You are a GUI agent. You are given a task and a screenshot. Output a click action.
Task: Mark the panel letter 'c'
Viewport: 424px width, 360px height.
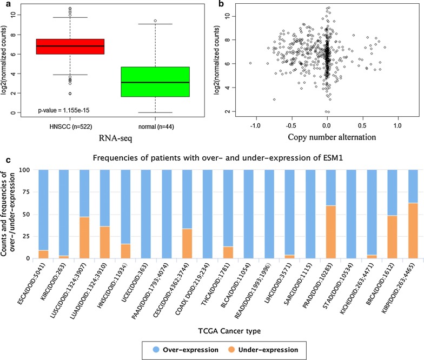(4, 161)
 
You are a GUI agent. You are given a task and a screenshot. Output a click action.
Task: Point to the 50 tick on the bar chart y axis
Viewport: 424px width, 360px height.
(29, 214)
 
